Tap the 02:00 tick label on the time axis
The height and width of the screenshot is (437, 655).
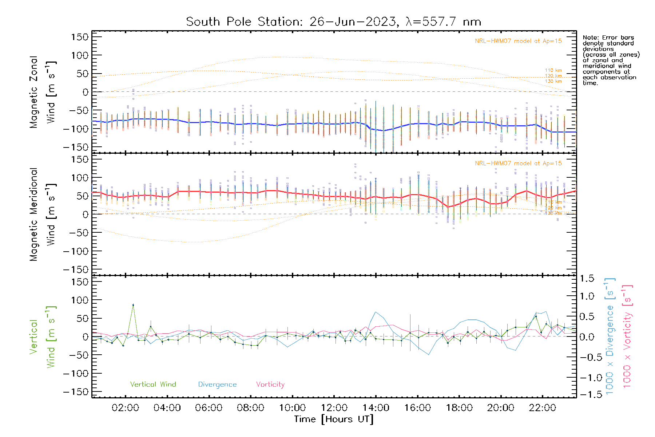[x=125, y=408]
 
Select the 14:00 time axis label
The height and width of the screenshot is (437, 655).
[x=376, y=408]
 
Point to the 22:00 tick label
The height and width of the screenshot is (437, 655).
[x=542, y=408]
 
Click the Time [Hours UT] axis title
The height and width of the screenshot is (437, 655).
[x=334, y=419]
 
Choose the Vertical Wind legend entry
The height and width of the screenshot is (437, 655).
[x=153, y=384]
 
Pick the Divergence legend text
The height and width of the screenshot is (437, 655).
[x=217, y=384]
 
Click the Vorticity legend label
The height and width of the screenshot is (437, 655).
[x=270, y=384]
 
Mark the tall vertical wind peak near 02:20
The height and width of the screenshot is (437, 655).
[x=133, y=305]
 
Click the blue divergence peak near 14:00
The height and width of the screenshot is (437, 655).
[x=376, y=312]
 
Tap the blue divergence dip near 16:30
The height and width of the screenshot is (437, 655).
[x=429, y=354]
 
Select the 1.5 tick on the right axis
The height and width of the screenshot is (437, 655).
[x=587, y=279]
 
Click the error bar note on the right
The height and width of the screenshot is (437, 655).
[x=611, y=60]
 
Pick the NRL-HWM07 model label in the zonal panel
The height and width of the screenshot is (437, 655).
[x=518, y=41]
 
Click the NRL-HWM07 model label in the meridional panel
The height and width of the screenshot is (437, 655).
[x=518, y=164]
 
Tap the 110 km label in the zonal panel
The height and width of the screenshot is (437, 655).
[x=553, y=70]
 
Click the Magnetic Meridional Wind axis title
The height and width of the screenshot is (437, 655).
[x=43, y=214]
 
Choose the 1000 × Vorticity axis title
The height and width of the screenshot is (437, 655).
[x=627, y=336]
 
